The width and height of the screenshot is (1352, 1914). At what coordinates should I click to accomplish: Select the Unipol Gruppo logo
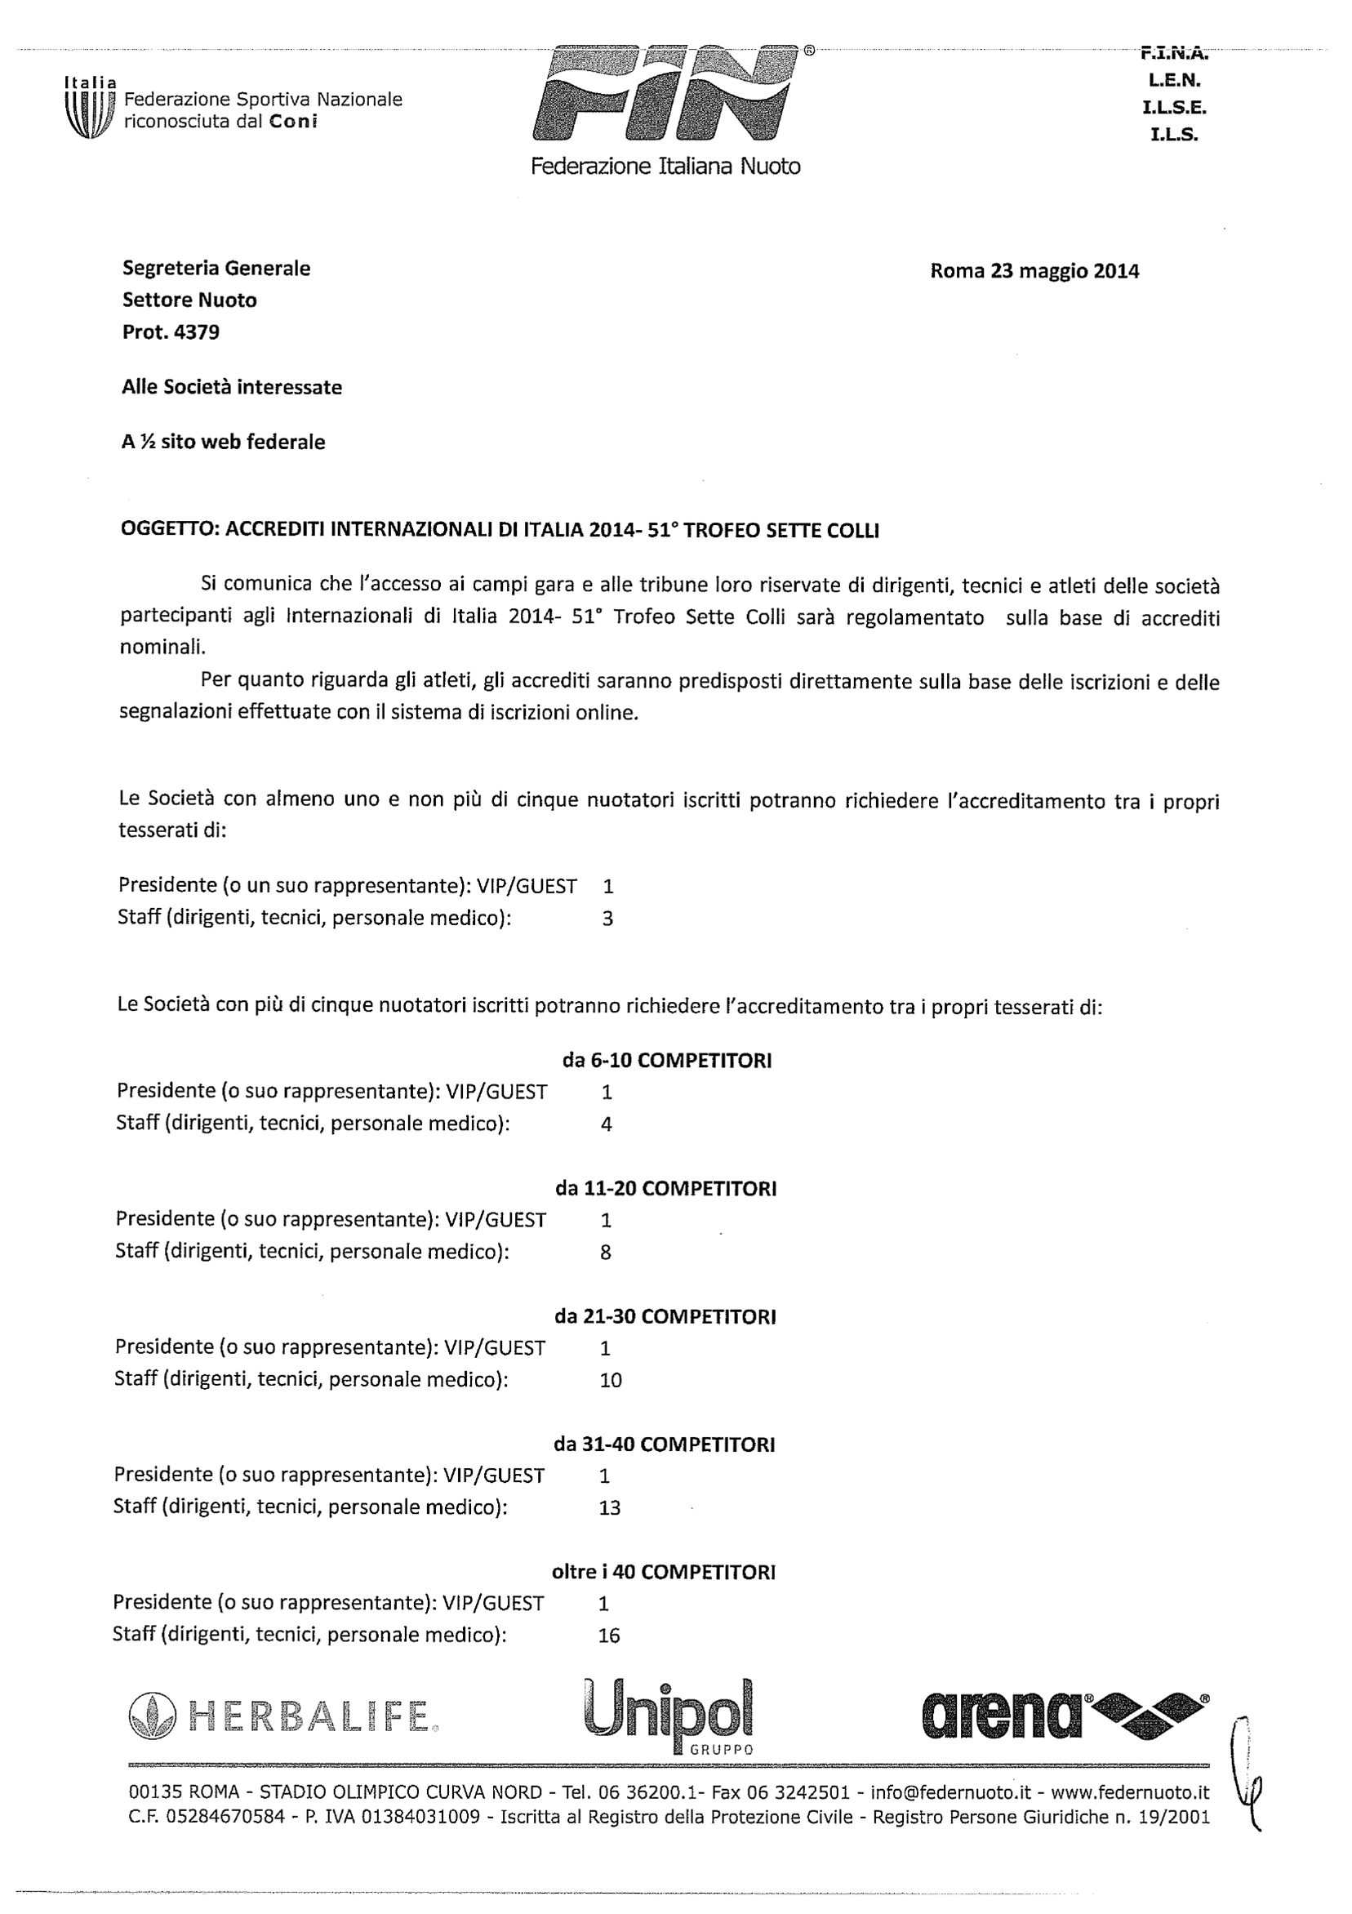point(669,1712)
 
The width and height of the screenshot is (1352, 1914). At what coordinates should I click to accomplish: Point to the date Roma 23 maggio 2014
point(1034,271)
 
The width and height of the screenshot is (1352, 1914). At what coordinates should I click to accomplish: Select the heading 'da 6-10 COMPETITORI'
point(667,1061)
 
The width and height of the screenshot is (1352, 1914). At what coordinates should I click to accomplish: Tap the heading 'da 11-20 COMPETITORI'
point(666,1189)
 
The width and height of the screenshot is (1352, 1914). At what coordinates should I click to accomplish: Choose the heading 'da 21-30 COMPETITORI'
point(665,1316)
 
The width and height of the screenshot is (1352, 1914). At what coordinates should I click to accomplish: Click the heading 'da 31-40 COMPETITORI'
point(665,1444)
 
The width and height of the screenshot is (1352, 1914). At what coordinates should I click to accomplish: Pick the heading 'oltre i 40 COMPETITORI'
point(664,1572)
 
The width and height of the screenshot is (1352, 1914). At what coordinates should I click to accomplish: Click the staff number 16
point(609,1636)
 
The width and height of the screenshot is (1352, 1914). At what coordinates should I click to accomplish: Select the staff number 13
point(609,1507)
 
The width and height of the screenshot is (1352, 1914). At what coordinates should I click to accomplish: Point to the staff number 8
point(606,1252)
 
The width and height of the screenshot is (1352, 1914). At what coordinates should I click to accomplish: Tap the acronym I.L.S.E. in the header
point(1176,108)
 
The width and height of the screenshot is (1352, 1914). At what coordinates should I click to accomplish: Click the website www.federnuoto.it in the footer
point(1129,1793)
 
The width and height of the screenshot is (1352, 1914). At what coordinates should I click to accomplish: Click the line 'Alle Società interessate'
point(232,387)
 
